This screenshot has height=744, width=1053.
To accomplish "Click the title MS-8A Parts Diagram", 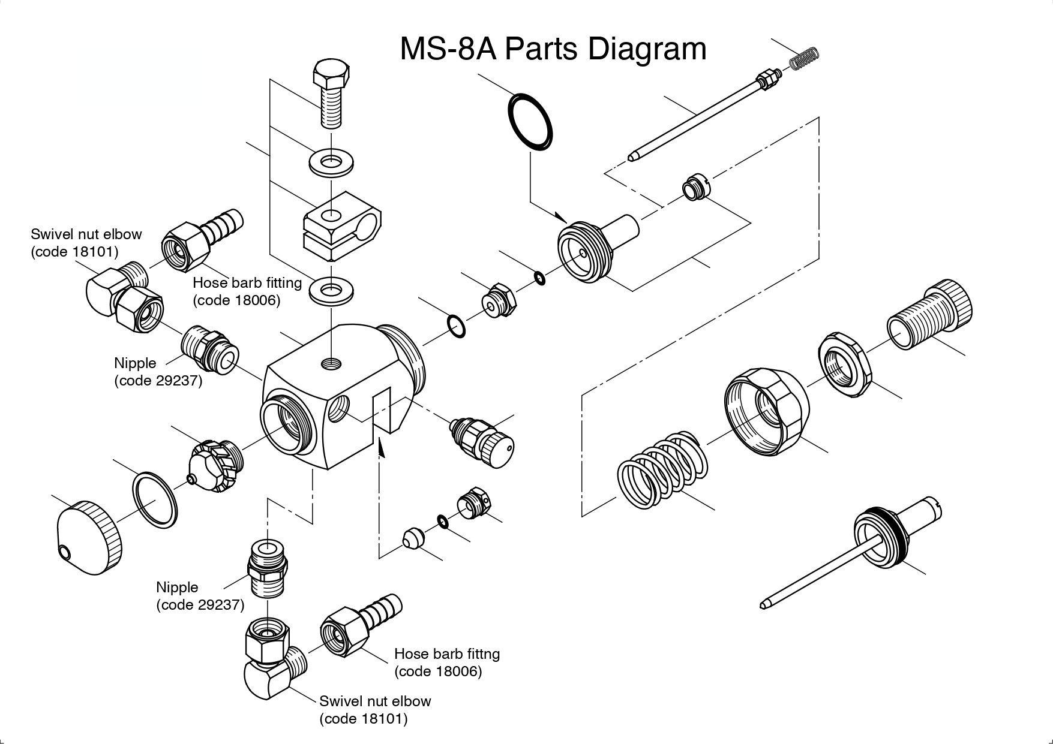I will [x=553, y=49].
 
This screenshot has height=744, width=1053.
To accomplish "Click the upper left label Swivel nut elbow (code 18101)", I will [x=86, y=242].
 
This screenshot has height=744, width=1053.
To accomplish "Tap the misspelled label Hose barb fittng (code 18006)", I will [x=446, y=662].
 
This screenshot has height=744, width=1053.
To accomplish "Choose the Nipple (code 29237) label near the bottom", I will [x=200, y=595].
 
